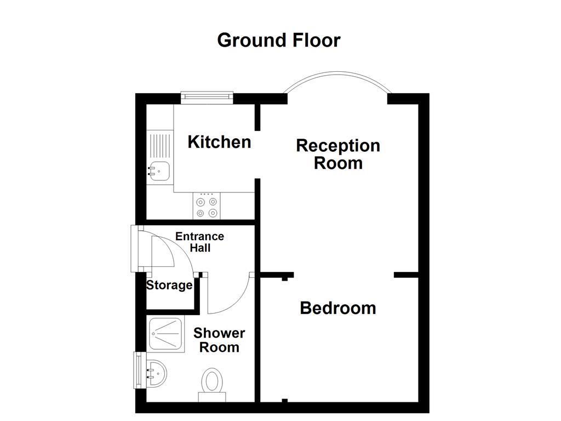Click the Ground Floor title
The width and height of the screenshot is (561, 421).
tap(278, 40)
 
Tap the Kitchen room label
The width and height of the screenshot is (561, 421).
tap(219, 142)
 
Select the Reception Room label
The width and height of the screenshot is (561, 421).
tap(338, 154)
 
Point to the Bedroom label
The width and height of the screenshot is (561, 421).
tap(338, 308)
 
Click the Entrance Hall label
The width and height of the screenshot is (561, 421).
tap(200, 242)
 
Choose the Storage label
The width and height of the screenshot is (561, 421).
tap(169, 285)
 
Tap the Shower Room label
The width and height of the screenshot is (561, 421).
tap(219, 340)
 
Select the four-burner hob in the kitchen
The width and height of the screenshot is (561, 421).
tap(207, 207)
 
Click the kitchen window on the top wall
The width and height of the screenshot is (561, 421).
tap(207, 97)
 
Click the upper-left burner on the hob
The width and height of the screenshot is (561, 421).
tap(201, 201)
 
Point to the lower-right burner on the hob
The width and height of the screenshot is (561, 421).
tap(213, 213)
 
